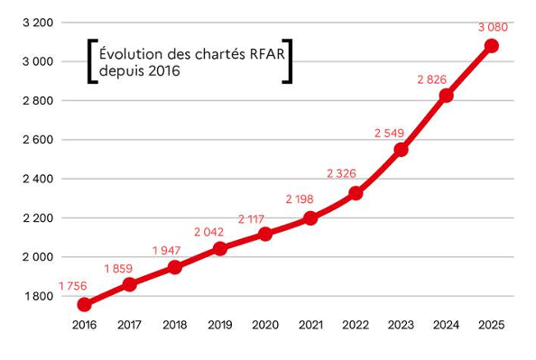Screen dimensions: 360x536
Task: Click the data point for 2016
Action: click(x=85, y=305)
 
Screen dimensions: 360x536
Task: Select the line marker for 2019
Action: click(x=220, y=248)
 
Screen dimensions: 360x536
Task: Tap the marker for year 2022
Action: click(x=356, y=193)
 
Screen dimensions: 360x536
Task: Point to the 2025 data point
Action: click(x=491, y=45)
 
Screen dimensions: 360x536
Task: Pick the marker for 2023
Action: click(x=401, y=149)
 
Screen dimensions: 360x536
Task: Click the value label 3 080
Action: click(x=493, y=27)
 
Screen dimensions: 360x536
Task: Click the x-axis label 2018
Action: click(x=175, y=325)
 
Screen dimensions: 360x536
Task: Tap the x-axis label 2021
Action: click(x=310, y=325)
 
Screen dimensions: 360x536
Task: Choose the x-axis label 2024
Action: click(x=446, y=325)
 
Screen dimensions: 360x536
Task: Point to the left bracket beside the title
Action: click(x=91, y=61)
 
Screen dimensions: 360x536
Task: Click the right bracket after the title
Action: click(x=288, y=61)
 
